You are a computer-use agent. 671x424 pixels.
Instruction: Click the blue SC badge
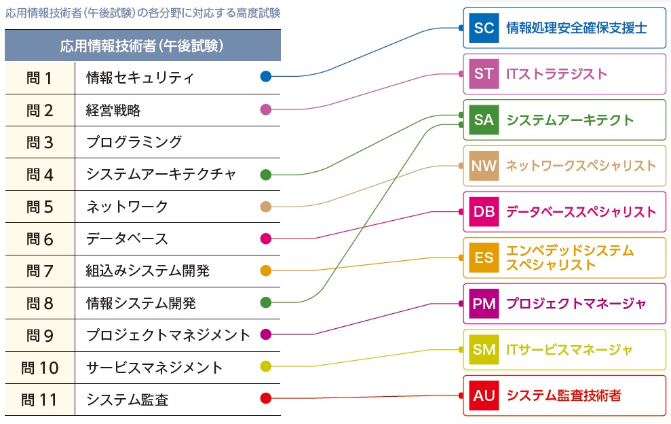click(484, 28)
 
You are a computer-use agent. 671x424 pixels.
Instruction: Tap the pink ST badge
click(484, 74)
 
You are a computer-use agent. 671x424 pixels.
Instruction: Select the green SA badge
click(484, 120)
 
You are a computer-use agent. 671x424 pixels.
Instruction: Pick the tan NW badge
click(484, 166)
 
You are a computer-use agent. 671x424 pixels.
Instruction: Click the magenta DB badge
click(484, 212)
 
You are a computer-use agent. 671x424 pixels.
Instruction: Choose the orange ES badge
click(484, 258)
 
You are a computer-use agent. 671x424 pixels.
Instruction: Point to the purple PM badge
click(484, 303)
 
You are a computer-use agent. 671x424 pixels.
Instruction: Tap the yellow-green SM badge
click(484, 349)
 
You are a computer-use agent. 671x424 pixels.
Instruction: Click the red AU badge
click(484, 395)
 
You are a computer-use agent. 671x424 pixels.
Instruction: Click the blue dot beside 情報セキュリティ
click(266, 77)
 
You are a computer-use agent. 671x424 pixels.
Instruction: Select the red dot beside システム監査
click(266, 399)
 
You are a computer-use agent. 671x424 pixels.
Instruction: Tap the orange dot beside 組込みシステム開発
click(266, 270)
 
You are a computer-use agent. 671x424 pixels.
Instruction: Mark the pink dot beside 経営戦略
click(266, 109)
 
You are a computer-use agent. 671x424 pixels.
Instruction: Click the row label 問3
click(40, 142)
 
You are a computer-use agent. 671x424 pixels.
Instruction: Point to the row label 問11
click(40, 400)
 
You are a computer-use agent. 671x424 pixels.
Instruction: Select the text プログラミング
click(134, 142)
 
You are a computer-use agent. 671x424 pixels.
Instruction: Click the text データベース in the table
click(127, 239)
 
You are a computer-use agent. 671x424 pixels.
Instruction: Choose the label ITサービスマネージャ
click(569, 349)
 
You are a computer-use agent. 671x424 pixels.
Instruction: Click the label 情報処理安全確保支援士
click(576, 28)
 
